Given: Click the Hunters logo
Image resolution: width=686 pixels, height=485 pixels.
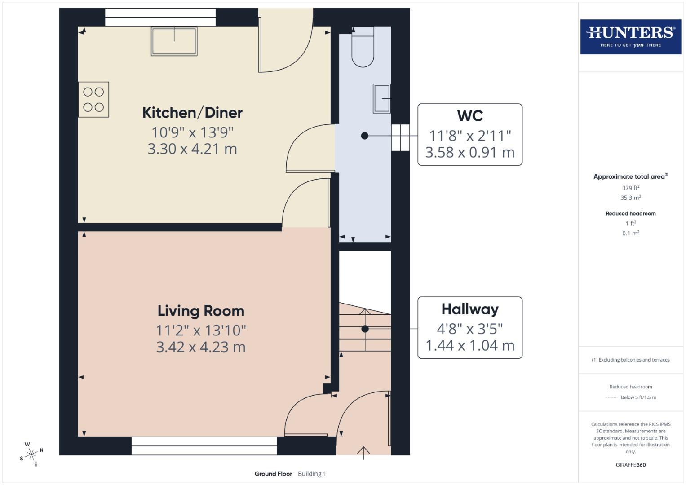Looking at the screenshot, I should [630, 36].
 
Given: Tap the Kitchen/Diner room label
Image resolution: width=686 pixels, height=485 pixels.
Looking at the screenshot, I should [192, 113].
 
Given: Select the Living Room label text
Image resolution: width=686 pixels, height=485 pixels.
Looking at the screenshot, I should [201, 311].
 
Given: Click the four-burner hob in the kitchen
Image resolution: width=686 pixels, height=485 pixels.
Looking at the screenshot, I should [93, 100].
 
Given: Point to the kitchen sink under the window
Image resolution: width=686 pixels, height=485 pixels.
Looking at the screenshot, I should [174, 41].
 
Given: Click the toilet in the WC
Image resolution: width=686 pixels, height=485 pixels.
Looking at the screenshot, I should [363, 48].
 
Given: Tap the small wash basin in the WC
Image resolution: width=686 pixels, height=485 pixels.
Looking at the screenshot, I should [382, 98].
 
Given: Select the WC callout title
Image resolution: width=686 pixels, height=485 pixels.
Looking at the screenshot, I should [470, 116].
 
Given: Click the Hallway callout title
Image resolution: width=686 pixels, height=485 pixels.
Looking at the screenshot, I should [470, 309].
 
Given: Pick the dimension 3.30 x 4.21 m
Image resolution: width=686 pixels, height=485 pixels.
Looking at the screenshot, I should [192, 149].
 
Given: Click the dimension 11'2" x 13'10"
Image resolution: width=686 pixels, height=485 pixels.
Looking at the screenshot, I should [201, 331].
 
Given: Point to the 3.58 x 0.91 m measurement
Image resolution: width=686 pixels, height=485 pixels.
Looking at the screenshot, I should [470, 153].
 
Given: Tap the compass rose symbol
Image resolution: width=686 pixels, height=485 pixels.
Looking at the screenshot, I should [31, 454].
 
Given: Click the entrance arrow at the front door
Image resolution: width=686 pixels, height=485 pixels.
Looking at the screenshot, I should [363, 452].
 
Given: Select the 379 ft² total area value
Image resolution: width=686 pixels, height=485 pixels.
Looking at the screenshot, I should [630, 188].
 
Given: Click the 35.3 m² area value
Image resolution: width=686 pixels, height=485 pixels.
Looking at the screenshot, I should [630, 198].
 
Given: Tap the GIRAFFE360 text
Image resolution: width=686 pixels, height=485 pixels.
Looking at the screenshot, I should [630, 465].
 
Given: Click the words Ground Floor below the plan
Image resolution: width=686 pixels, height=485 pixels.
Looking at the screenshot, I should [273, 474].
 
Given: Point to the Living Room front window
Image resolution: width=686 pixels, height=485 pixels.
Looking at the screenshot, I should [204, 445].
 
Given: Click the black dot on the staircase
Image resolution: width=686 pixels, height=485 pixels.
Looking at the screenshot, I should [365, 329].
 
